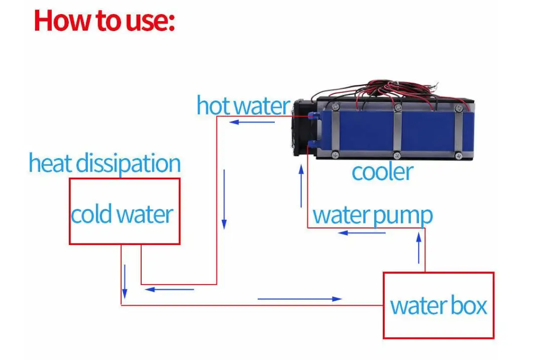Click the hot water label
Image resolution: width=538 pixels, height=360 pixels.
pyautogui.click(x=243, y=105)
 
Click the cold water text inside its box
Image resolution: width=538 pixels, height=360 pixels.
pyautogui.click(x=122, y=214)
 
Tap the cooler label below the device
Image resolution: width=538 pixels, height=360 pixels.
pyautogui.click(x=382, y=172)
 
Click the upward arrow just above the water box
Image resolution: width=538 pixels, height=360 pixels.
pyautogui.click(x=418, y=248)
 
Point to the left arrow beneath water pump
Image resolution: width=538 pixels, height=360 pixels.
pyautogui.click(x=362, y=233)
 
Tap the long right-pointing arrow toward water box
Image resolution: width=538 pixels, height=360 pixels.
pyautogui.click(x=299, y=299)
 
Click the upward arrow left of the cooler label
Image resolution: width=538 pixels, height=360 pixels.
pyautogui.click(x=300, y=186)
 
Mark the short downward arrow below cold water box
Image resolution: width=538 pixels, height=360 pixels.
pyautogui.click(x=125, y=285)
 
